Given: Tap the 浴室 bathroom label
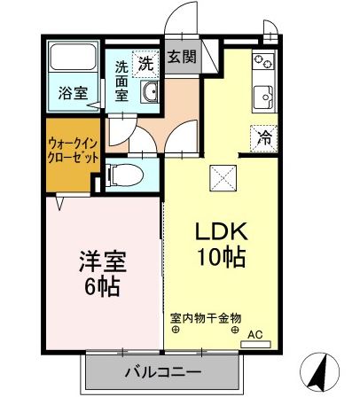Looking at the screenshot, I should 72,92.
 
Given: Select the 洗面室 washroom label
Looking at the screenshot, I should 122,77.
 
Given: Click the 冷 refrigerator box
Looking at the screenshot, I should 263,136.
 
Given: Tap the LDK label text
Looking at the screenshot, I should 221,231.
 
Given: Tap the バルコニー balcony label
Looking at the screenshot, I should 162,370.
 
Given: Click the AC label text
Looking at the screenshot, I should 255,334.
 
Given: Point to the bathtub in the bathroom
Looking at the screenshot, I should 72,59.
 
